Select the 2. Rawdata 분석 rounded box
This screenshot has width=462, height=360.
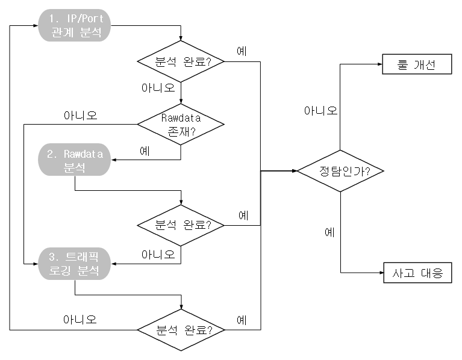75,161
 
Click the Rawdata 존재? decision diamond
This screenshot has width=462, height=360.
181,124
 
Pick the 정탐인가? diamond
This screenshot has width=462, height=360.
341,170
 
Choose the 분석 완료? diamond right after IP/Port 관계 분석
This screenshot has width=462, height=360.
181,61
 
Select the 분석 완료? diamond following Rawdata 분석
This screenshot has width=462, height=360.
181,226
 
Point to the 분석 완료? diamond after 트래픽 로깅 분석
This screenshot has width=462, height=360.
181,330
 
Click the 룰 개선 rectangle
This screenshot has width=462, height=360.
417,64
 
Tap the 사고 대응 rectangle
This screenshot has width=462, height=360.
417,273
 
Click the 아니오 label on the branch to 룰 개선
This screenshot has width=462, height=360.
320,111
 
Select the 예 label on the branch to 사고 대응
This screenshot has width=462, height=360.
329,232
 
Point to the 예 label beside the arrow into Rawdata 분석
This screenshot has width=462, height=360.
145,151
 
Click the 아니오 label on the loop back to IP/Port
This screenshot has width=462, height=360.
80,319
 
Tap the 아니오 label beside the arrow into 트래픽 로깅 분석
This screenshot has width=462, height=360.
158,255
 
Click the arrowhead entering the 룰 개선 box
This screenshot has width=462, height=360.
379,64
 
